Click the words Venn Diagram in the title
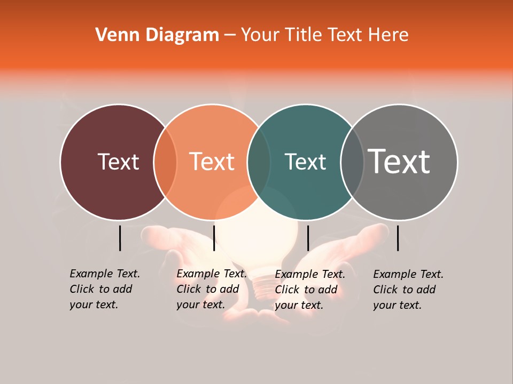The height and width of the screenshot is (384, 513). coord(157,35)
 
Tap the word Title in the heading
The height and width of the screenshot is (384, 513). coord(304,35)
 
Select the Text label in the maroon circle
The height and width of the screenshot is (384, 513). coord(118,162)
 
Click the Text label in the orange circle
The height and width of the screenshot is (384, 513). coord(212,162)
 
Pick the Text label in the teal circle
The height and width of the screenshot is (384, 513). coord(305,162)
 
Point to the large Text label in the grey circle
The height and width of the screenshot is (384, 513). coord(399,161)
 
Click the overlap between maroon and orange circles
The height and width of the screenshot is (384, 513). coord(165,162)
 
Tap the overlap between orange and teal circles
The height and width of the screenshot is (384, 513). coord(259,162)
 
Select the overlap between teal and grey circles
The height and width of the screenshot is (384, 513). coord(352,162)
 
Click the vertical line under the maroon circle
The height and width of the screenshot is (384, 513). coord(120,238)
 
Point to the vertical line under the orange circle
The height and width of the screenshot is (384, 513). coord(214,238)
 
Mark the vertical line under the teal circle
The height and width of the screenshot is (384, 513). coord(308,238)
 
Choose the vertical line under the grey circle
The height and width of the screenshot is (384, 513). coord(398,238)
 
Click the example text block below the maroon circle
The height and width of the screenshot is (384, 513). coord(104,289)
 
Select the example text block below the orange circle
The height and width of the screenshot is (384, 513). coord(211,289)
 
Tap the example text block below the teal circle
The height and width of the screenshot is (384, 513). coord(309,290)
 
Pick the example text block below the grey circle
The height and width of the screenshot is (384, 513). coord(408,290)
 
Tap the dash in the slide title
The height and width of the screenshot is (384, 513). coord(230,35)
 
